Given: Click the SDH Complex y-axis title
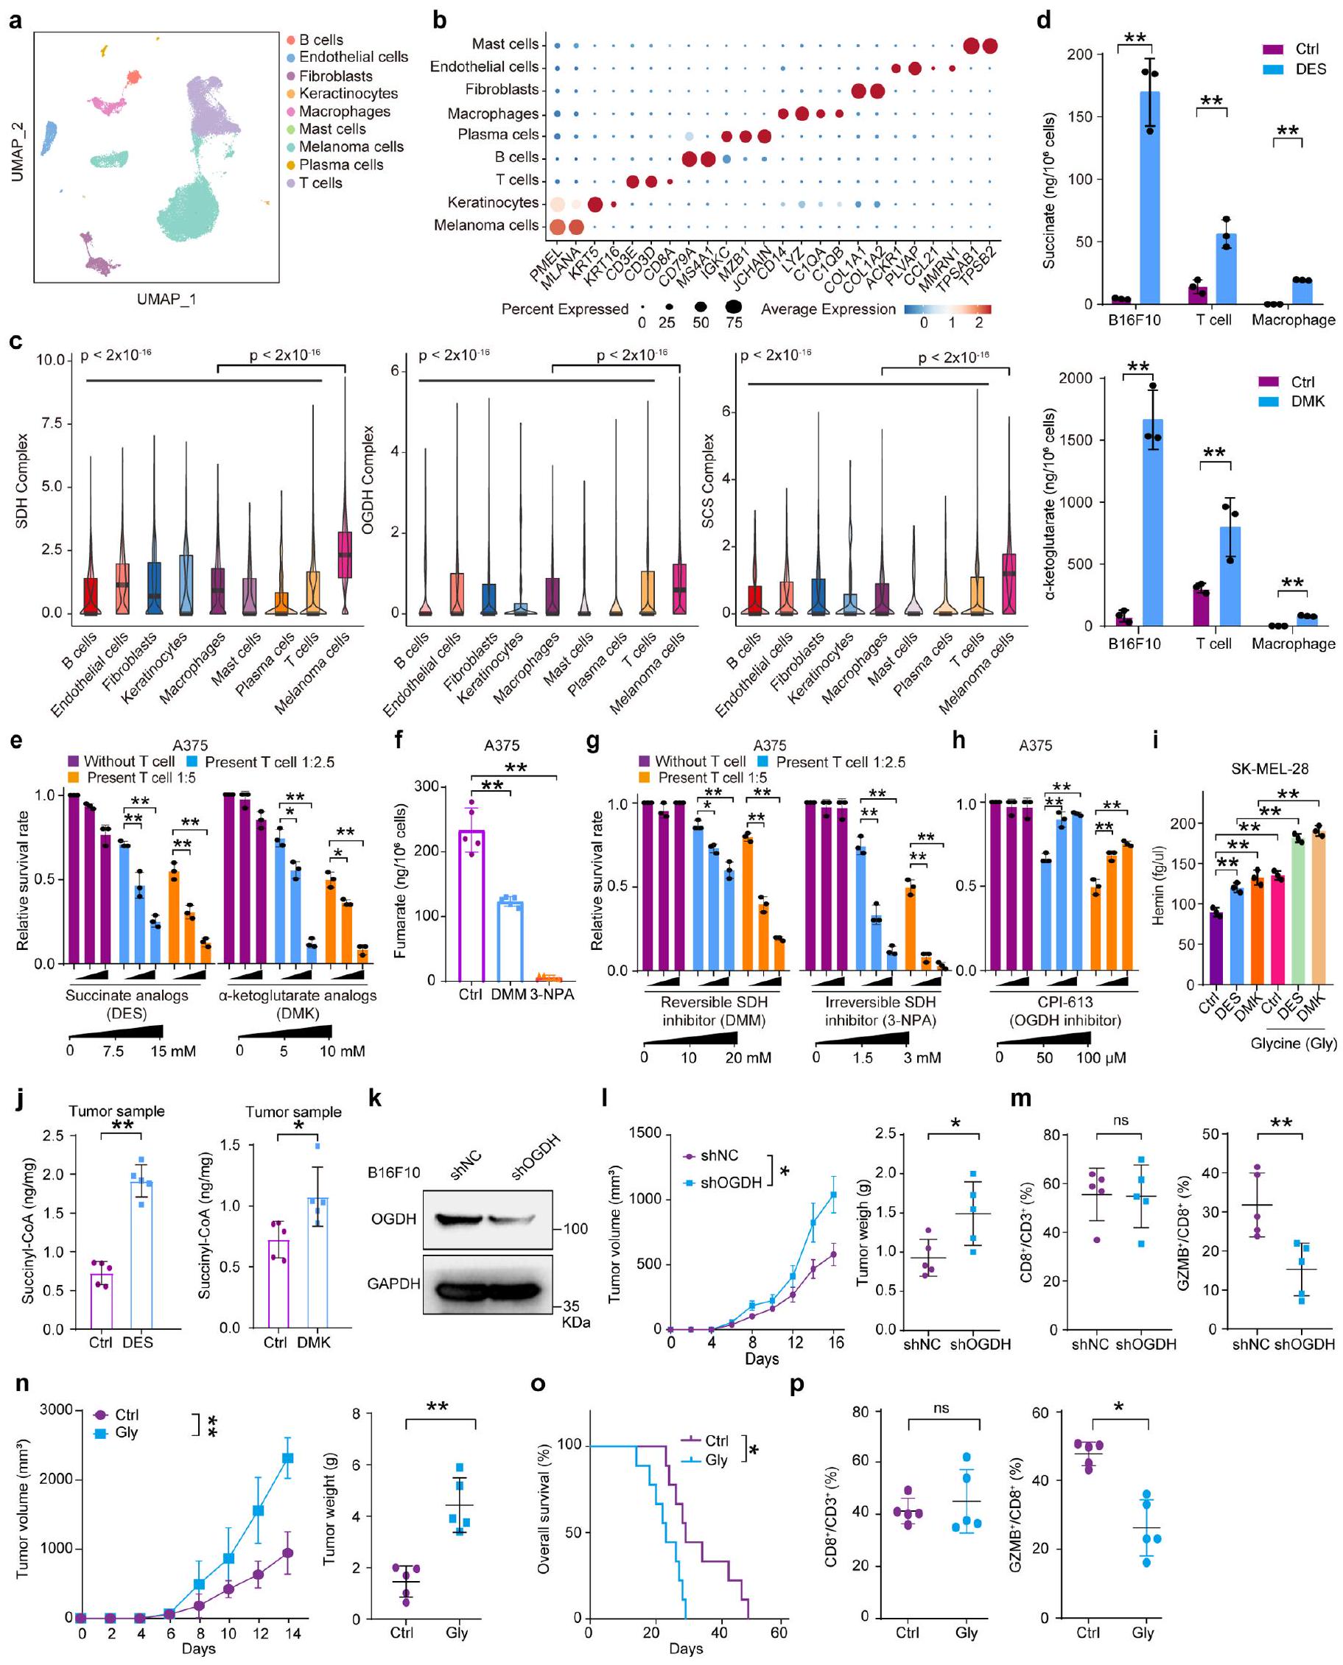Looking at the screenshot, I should pos(21,480).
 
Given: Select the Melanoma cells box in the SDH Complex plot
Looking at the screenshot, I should pos(344,554).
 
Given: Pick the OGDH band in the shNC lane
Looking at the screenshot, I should pos(458,1219).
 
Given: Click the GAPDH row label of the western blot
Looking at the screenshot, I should pos(393,1284).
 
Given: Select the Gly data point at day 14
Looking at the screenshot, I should pos(288,1458).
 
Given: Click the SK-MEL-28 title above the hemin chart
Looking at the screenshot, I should pos(1269,769).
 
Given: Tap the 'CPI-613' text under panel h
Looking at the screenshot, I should pos(1065,1002).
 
